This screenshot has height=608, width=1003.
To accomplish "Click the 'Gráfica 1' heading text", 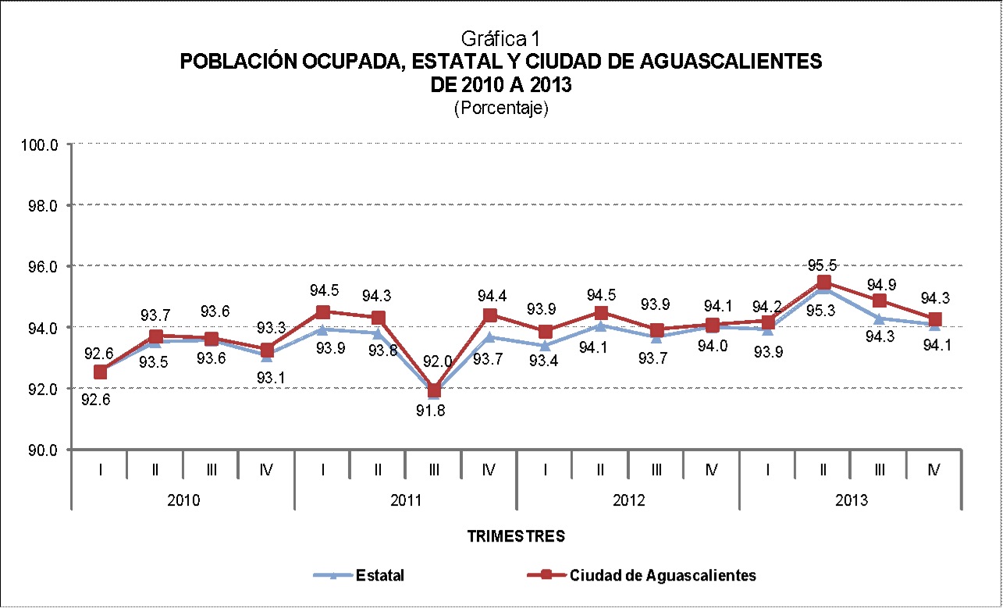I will (501, 38).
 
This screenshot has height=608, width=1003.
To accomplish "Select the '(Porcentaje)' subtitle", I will (501, 108).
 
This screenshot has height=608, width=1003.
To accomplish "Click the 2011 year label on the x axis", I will (406, 500).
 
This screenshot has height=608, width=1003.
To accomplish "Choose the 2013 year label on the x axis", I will (850, 500).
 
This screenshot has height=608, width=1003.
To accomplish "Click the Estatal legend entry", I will (379, 576).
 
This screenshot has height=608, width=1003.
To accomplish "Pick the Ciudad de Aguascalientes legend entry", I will (663, 576).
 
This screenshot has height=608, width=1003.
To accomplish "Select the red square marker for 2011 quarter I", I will (323, 312).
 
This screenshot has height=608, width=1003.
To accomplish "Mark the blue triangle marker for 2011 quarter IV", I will (490, 337).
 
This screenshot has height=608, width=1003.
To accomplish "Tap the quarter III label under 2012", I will (656, 470).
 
